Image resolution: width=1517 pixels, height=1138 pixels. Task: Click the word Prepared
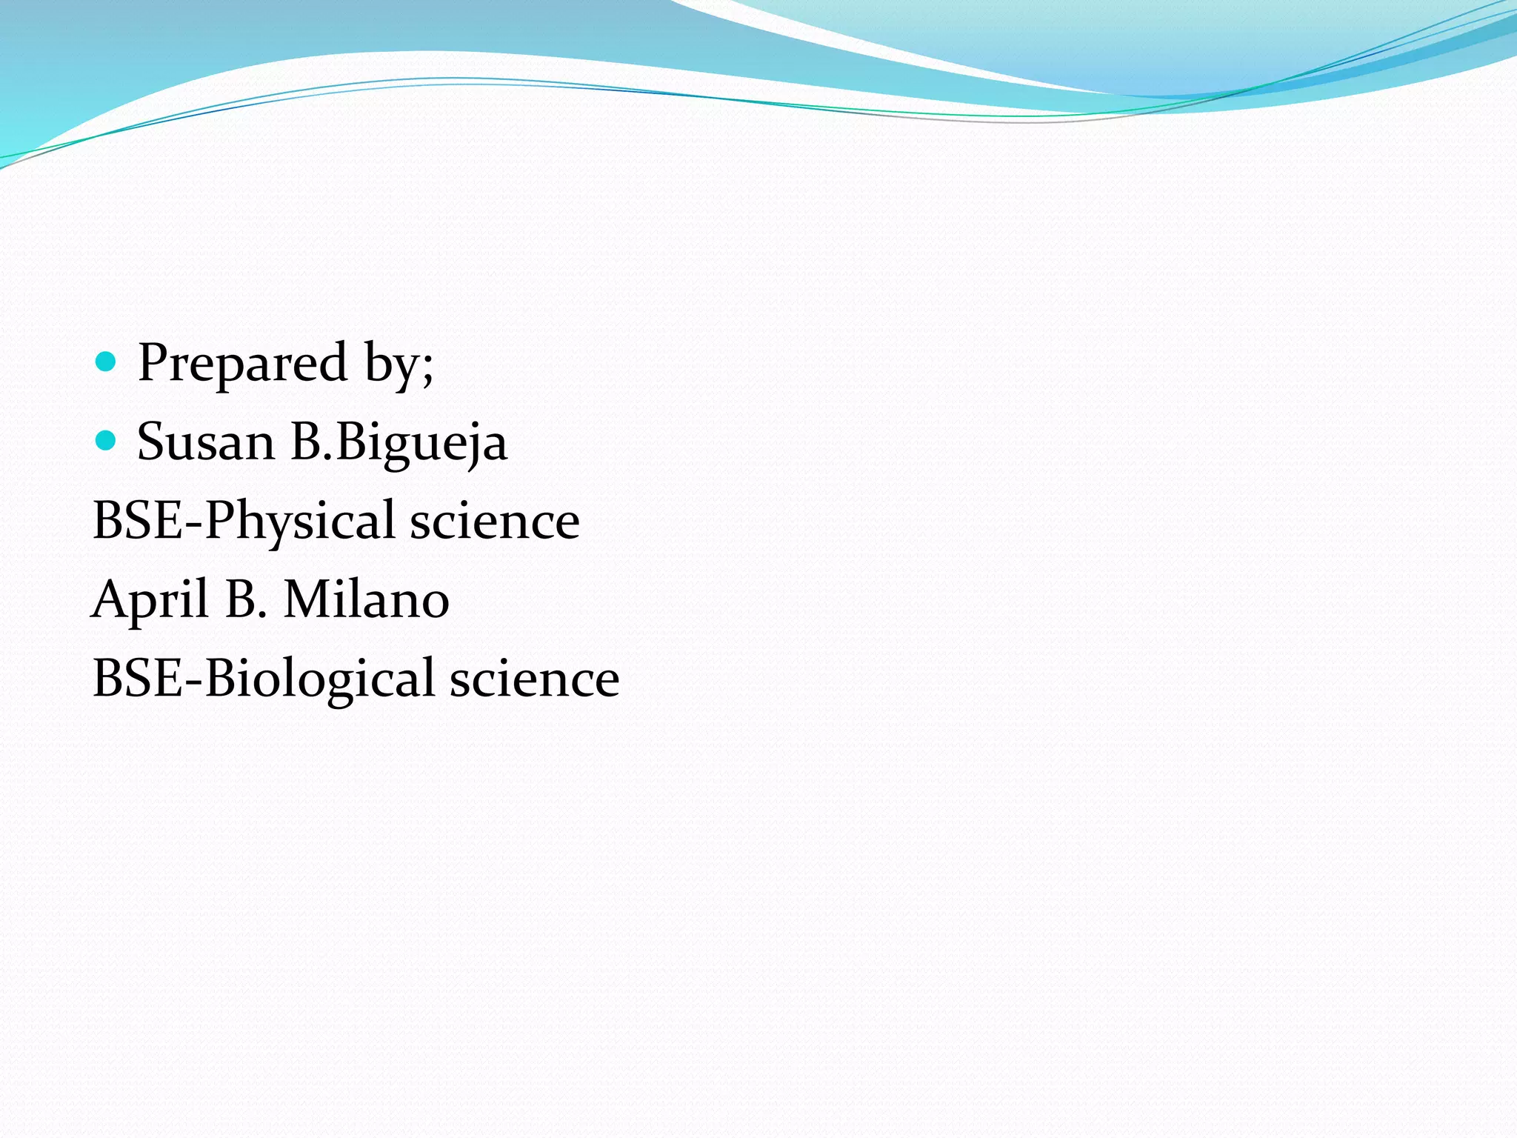pyautogui.click(x=242, y=363)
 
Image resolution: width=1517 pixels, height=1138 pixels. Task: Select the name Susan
pyautogui.click(x=206, y=442)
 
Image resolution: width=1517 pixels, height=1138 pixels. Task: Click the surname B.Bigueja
pyautogui.click(x=399, y=442)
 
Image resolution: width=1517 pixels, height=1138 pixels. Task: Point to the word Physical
pyautogui.click(x=299, y=521)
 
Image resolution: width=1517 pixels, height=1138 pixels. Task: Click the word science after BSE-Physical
pyautogui.click(x=495, y=521)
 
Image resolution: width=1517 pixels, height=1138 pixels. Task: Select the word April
pyautogui.click(x=150, y=600)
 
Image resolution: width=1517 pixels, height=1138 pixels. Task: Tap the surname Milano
pyautogui.click(x=366, y=600)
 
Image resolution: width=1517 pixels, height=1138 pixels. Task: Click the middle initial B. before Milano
pyautogui.click(x=246, y=600)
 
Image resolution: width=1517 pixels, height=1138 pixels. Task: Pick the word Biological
pyautogui.click(x=319, y=679)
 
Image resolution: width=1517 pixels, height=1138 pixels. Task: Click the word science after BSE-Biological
pyautogui.click(x=534, y=679)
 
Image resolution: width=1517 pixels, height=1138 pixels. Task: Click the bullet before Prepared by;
pyautogui.click(x=107, y=362)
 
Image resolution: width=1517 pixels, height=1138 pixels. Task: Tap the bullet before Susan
pyautogui.click(x=107, y=441)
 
